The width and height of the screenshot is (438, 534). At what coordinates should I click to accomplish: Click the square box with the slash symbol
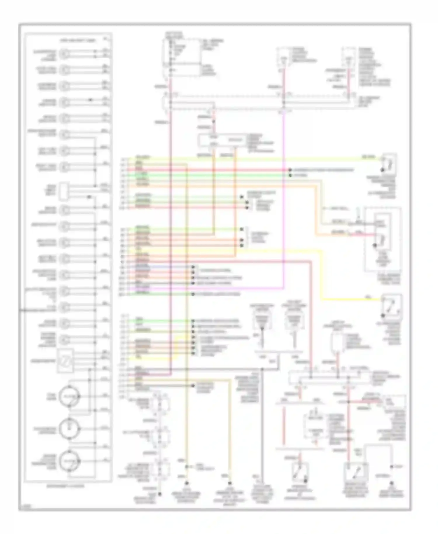click(65, 361)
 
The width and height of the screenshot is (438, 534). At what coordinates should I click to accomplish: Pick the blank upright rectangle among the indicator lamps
click(64, 191)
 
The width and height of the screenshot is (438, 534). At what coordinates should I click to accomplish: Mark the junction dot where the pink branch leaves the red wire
click(348, 402)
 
